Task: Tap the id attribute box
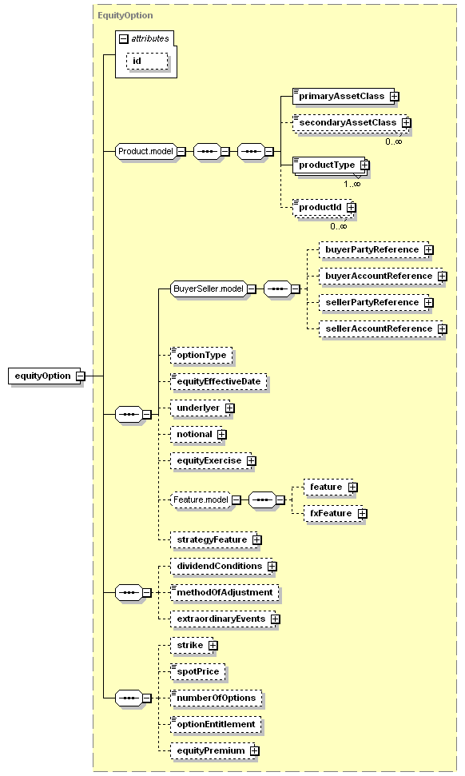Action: [147, 62]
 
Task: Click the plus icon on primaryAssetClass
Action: [394, 97]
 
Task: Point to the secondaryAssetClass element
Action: [352, 123]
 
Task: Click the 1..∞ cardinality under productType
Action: [352, 184]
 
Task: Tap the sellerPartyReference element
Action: [376, 302]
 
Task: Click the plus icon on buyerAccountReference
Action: [443, 277]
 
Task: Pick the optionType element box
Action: [201, 356]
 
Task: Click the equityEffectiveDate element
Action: [219, 381]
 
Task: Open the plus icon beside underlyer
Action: [229, 408]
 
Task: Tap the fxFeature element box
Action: [335, 513]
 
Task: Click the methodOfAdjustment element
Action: [225, 592]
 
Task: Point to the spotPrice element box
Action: [198, 671]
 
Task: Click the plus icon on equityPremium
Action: [254, 750]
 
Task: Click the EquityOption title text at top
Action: [125, 15]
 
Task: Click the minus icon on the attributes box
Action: [124, 38]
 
